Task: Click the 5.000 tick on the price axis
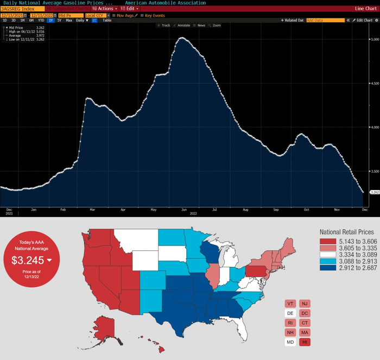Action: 373,40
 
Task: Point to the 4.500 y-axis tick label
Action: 373,84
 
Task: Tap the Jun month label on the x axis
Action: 185,209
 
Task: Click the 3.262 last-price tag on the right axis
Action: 374,192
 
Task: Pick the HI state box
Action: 305,342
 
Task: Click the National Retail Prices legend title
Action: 346,231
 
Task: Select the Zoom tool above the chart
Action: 216,26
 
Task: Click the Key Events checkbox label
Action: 155,15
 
